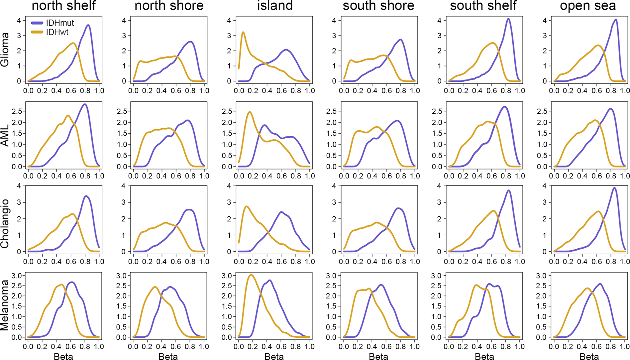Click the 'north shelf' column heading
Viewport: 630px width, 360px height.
(63, 6)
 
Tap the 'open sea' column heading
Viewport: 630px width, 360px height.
(588, 6)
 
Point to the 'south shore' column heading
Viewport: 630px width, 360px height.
(378, 6)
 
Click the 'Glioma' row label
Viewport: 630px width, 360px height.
(5, 50)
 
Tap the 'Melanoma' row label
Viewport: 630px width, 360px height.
(5, 305)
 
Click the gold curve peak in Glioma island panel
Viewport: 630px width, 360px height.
(243, 32)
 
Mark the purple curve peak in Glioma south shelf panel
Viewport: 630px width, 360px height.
(509, 19)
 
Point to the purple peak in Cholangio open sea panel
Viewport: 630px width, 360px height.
(614, 188)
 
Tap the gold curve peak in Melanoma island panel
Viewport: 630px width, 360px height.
(251, 275)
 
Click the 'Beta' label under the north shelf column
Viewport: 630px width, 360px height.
(63, 357)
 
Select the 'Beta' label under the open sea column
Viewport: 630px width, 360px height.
(589, 357)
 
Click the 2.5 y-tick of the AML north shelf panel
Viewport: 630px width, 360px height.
(17, 111)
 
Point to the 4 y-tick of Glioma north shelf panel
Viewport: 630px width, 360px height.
(19, 21)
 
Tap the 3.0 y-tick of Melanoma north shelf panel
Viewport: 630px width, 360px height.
(17, 276)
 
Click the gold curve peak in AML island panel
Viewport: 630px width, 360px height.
(250, 112)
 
